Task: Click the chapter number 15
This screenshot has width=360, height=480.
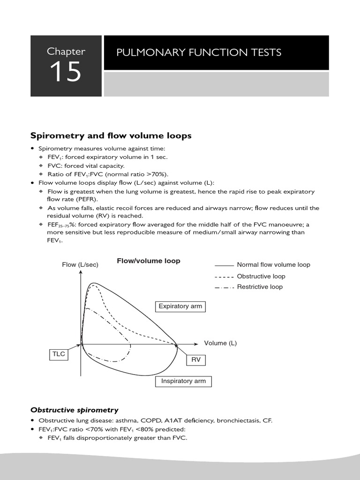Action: point(66,72)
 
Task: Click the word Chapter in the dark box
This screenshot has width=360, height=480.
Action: point(66,51)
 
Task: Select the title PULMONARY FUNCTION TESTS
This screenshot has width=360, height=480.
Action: point(199,52)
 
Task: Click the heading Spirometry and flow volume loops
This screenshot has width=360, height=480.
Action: point(111,136)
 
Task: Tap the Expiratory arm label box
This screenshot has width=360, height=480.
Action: point(180,307)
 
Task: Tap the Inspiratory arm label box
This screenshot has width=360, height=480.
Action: point(183,382)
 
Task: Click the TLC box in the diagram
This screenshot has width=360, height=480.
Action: point(58,355)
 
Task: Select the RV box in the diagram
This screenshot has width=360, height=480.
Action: point(196,360)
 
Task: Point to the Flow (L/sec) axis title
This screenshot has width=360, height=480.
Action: point(80,265)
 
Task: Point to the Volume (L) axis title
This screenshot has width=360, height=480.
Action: point(220,343)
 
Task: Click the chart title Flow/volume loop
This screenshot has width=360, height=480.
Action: point(148,261)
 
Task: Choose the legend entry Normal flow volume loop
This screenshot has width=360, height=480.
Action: point(273,265)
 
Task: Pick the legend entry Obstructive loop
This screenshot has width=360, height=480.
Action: point(261,277)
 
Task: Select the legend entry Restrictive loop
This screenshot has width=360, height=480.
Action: point(260,287)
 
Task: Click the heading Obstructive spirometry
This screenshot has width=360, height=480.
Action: point(74,410)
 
